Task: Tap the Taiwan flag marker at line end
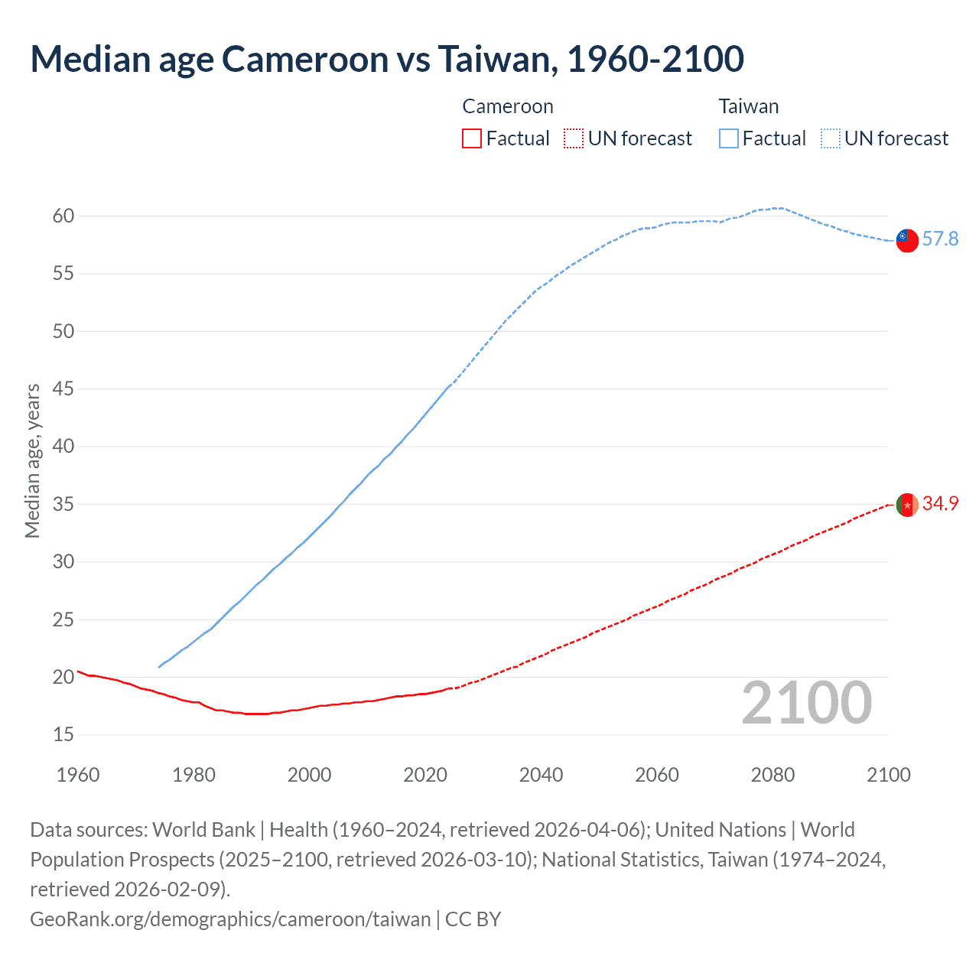click(x=906, y=239)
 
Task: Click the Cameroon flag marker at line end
click(x=906, y=505)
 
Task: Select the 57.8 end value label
click(x=940, y=239)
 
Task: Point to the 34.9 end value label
click(x=940, y=503)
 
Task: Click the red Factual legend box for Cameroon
click(x=472, y=138)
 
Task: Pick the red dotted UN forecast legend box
click(x=574, y=138)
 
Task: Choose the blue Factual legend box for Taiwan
click(x=729, y=138)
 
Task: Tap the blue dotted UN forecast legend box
click(x=831, y=138)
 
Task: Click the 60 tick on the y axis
click(x=63, y=216)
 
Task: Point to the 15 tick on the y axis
click(x=63, y=735)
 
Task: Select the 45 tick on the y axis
click(x=63, y=389)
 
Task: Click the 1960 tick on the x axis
click(x=78, y=775)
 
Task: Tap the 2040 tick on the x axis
click(x=541, y=775)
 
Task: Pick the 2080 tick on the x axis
click(x=772, y=775)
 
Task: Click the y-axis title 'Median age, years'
click(x=32, y=461)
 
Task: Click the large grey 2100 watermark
click(x=806, y=703)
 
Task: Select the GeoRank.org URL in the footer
click(x=230, y=919)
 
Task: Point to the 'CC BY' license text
click(x=473, y=919)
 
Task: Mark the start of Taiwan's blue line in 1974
click(x=159, y=667)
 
